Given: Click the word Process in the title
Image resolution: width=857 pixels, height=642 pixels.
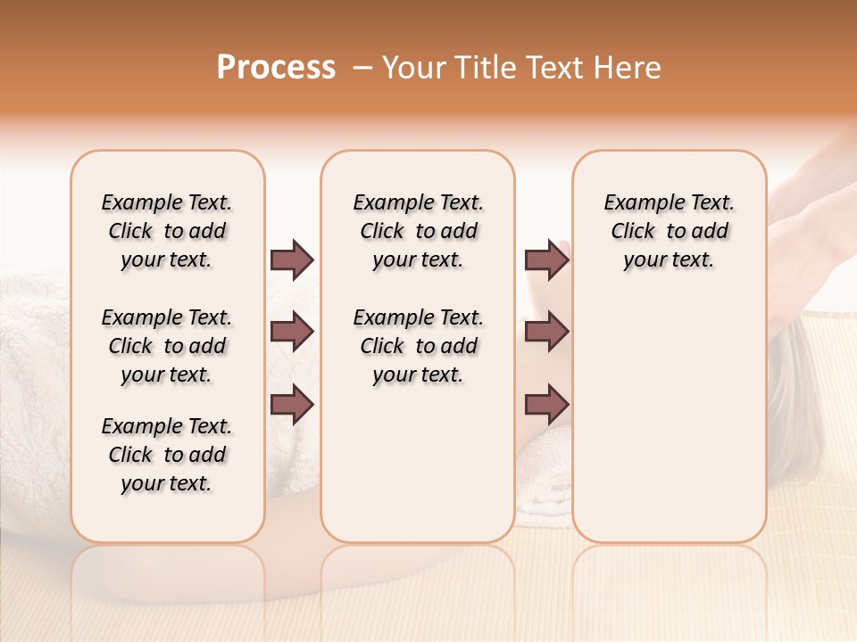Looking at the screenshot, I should (x=276, y=68).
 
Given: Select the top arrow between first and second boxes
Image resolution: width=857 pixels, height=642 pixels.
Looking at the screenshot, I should (x=292, y=260).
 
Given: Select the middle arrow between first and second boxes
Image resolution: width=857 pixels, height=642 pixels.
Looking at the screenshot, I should (x=292, y=333).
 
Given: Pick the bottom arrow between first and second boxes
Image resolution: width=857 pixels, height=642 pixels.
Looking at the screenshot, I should (x=292, y=405).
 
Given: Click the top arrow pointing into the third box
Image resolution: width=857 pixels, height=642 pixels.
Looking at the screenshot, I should (x=546, y=260).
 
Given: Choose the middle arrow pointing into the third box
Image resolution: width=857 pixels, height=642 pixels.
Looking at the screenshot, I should (x=546, y=333).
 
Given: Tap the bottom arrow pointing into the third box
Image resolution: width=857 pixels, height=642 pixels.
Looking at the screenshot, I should (x=546, y=405).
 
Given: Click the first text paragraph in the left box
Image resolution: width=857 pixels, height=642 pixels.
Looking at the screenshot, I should (x=167, y=232).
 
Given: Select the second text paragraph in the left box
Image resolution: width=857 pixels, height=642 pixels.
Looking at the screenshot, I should (x=167, y=346).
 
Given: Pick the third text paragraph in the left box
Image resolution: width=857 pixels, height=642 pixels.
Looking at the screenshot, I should (x=167, y=455).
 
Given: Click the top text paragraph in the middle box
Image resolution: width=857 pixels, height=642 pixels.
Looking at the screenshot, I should (x=418, y=232).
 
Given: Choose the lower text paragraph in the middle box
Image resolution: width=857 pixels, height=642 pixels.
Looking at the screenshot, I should (x=418, y=346).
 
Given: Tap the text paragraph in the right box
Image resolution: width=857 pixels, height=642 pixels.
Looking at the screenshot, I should (x=669, y=232).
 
